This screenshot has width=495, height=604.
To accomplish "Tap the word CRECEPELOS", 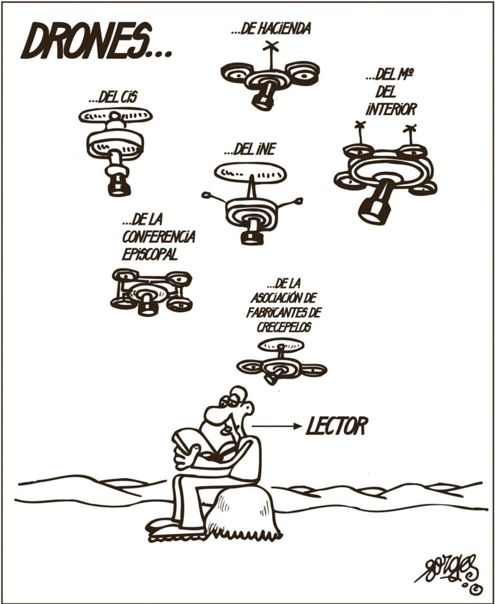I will coord(284,328).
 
